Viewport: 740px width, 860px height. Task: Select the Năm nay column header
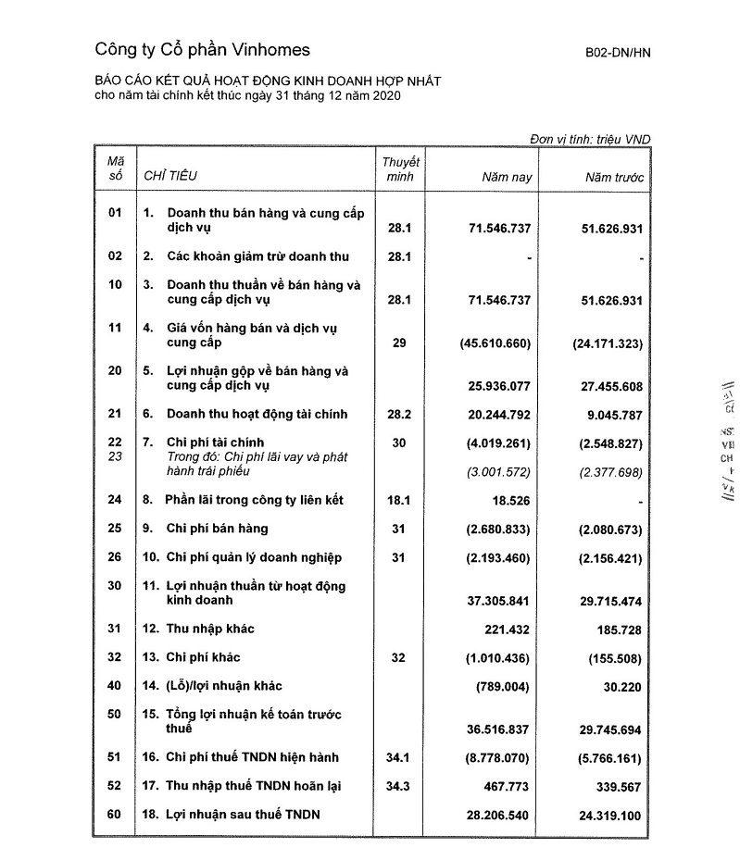pyautogui.click(x=507, y=176)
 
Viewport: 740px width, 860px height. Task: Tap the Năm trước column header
pyautogui.click(x=614, y=176)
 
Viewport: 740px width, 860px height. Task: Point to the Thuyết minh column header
pyautogui.click(x=400, y=168)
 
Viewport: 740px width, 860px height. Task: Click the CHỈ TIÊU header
pyautogui.click(x=169, y=175)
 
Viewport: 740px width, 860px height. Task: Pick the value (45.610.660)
pyautogui.click(x=495, y=343)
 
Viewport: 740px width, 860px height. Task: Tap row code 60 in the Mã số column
pyautogui.click(x=115, y=815)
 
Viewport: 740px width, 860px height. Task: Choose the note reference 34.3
pyautogui.click(x=399, y=786)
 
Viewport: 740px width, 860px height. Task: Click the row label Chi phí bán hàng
pyautogui.click(x=218, y=529)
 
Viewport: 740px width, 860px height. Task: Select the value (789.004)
pyautogui.click(x=500, y=687)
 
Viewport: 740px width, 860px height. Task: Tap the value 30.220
pyautogui.click(x=621, y=687)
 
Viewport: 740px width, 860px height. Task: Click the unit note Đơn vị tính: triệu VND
pyautogui.click(x=590, y=139)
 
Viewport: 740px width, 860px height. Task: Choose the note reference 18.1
pyautogui.click(x=399, y=501)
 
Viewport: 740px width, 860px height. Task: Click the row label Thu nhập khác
pyautogui.click(x=210, y=629)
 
